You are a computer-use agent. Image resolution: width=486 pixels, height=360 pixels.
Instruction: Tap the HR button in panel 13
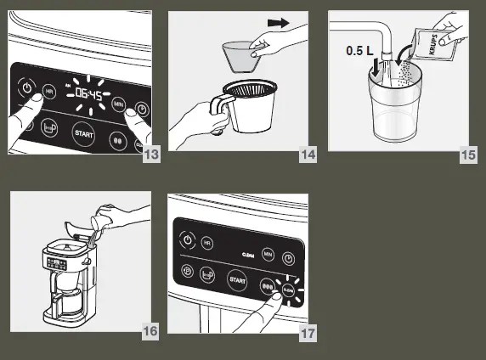click(50, 91)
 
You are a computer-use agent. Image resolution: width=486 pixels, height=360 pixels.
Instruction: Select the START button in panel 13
click(82, 134)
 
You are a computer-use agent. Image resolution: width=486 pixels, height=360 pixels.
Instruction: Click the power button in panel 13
click(26, 87)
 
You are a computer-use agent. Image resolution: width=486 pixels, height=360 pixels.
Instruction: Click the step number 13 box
click(151, 154)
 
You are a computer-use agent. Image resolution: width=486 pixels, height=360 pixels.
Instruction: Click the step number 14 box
click(308, 154)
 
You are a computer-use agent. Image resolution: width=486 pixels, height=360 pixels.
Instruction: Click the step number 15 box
click(468, 154)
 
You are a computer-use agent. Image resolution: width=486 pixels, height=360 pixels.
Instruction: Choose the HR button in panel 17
click(208, 244)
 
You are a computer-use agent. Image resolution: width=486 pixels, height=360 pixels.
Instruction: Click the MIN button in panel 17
click(267, 253)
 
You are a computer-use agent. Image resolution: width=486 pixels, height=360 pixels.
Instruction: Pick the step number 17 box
click(308, 333)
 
